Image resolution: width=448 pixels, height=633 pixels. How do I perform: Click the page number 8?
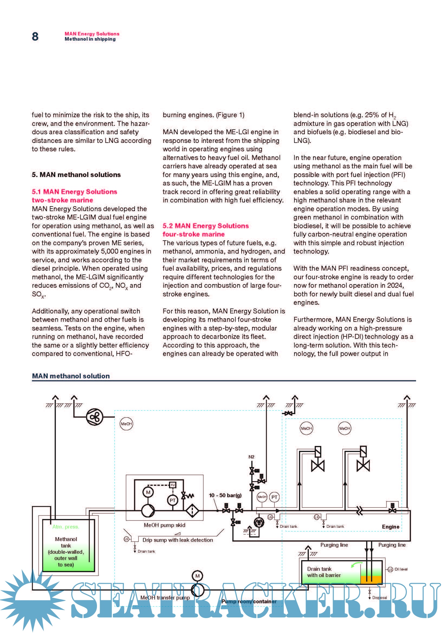pos(35,36)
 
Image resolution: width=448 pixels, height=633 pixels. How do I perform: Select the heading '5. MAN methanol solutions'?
pos(76,175)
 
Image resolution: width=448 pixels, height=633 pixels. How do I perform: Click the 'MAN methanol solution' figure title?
pos(71,376)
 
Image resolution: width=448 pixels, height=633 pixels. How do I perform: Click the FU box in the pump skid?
pos(173,485)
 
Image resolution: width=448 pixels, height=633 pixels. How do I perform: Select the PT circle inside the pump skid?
pos(173,500)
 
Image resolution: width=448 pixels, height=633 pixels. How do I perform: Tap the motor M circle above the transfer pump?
pos(197,576)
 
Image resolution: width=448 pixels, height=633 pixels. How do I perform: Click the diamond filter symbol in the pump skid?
pos(192,511)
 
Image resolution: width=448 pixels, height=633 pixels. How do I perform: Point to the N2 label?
pos(251,457)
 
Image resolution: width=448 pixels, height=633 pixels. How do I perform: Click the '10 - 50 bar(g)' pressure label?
pos(225,495)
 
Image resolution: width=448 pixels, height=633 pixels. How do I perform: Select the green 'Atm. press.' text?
pos(66,527)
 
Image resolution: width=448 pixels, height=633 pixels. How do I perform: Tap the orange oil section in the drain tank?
pos(371,579)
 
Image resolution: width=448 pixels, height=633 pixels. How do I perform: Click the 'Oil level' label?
pos(401,569)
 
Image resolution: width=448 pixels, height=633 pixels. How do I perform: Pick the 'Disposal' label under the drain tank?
pos(379,598)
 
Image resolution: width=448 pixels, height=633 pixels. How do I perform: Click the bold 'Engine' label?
pos(391,527)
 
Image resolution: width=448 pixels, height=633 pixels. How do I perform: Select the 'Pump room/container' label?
pos(249,602)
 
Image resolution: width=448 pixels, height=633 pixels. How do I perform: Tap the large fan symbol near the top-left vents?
pos(95,417)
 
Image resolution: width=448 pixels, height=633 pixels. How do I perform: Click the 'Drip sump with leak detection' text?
pos(178,540)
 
